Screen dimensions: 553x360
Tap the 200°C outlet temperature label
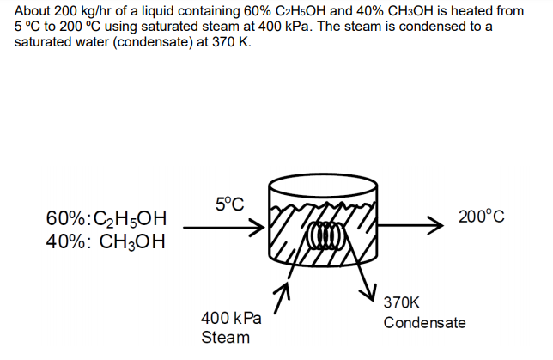[x=481, y=217]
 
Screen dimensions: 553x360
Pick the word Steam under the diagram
[x=225, y=337]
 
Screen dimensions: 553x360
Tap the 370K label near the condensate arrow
[x=403, y=302]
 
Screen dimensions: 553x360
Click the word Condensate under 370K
[x=425, y=323]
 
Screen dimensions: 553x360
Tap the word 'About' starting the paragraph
[x=33, y=11]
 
